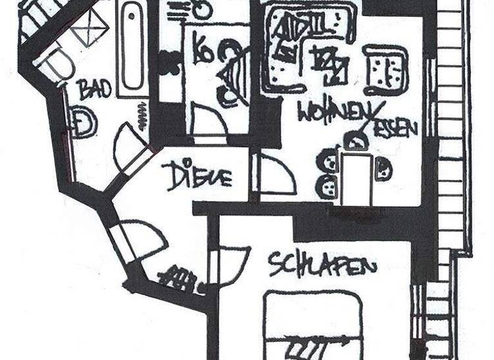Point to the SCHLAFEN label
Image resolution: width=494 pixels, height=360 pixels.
(322, 264)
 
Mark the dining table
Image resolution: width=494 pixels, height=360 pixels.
(356, 177)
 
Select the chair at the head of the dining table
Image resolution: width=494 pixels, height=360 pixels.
(354, 140)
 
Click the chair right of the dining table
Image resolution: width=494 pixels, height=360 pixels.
(383, 168)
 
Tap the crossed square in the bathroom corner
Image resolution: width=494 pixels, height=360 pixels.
(89, 27)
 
